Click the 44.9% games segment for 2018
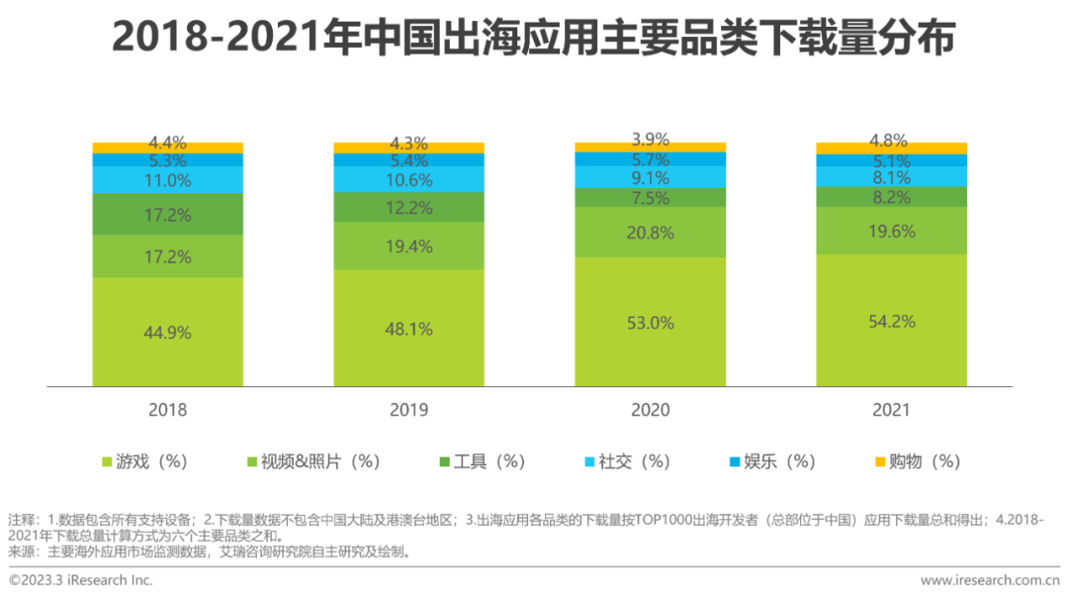[x=167, y=333]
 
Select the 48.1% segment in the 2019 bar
[x=408, y=329]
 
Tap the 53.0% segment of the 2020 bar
[x=650, y=323]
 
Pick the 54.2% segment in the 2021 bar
[x=891, y=321]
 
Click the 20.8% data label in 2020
[x=650, y=234]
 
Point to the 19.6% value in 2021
[x=891, y=232]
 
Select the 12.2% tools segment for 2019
[x=408, y=207]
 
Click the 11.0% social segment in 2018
[x=167, y=180]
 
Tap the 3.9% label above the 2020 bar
[x=650, y=140]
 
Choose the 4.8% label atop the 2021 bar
[x=891, y=140]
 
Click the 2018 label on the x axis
[x=167, y=410]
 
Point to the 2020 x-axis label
[x=650, y=410]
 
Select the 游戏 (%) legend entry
[x=144, y=461]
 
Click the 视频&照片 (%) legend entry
[x=312, y=461]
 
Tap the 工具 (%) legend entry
[x=482, y=461]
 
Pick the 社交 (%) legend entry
[x=627, y=461]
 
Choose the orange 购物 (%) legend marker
[x=880, y=461]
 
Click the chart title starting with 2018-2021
[x=533, y=38]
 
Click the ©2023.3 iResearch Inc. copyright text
[x=81, y=580]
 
